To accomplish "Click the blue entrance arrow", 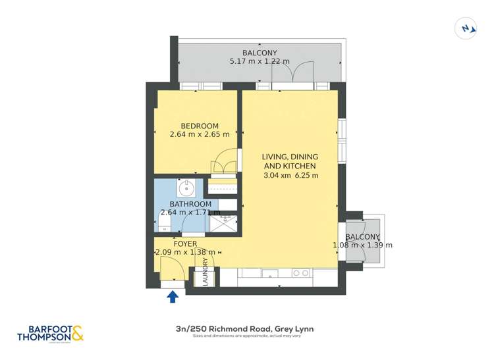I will [173, 296].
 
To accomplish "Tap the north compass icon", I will [466, 28].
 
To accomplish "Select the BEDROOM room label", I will [200, 126].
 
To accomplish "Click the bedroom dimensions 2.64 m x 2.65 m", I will [200, 135].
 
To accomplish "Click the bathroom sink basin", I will [187, 188].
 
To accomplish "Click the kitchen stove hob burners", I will [301, 272].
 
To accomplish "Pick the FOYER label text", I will [185, 244].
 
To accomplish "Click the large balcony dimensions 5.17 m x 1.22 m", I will [260, 61].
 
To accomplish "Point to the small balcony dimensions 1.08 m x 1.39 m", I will [363, 245].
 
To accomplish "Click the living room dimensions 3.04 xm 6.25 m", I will [290, 176].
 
